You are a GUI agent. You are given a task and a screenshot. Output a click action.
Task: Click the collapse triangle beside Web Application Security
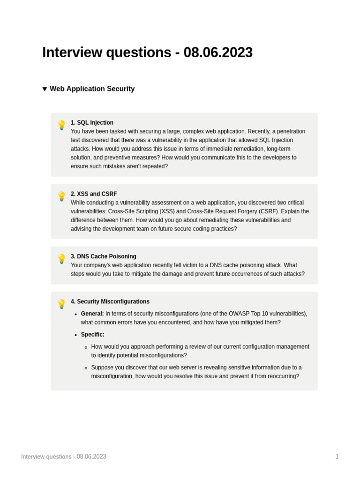tap(45, 89)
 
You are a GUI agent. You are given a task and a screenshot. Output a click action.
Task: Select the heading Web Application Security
tap(92, 89)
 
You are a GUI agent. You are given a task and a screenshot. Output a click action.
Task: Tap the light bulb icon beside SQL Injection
tap(61, 125)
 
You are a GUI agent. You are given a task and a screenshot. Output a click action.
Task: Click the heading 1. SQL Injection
tap(92, 123)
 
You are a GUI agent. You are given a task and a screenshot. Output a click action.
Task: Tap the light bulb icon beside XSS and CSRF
tap(61, 196)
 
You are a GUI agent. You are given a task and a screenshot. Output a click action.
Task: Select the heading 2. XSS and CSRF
tap(94, 194)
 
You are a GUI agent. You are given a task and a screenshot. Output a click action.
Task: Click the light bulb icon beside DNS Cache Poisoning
tap(61, 259)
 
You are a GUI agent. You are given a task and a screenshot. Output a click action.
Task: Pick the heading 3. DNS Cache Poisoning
tap(103, 256)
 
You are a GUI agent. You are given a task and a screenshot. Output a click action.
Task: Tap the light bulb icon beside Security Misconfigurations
tap(61, 304)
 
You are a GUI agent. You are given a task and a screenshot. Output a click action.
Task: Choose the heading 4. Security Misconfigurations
tap(110, 301)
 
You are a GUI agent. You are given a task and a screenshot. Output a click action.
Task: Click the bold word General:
tap(92, 314)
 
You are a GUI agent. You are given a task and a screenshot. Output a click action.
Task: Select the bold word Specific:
tap(92, 335)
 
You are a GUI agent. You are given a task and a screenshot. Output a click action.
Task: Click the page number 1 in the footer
tap(337, 457)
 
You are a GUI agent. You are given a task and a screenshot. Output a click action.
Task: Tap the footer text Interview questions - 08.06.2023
tap(63, 457)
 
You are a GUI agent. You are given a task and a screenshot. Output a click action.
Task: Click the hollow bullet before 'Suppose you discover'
tap(86, 368)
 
